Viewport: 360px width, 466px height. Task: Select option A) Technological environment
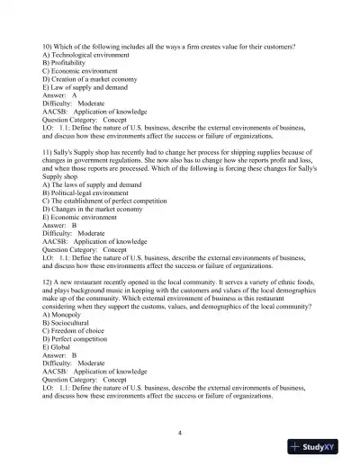click(82, 52)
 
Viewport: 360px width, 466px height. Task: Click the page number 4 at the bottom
click(180, 433)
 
